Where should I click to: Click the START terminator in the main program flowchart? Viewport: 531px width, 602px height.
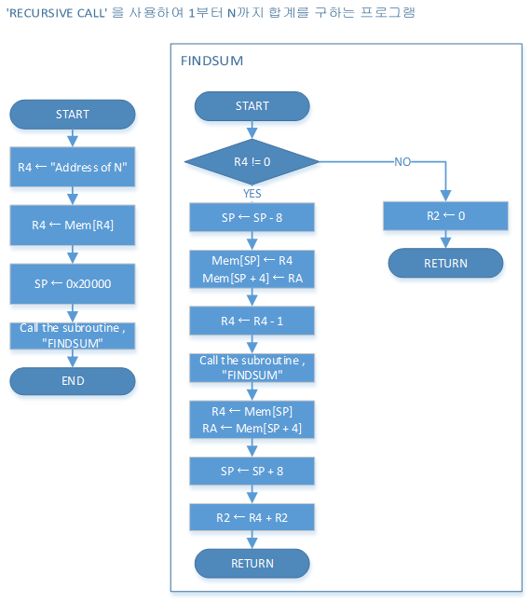pyautogui.click(x=73, y=115)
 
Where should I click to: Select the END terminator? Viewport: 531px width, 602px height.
pyautogui.click(x=73, y=381)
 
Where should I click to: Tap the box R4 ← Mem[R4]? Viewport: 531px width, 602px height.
pyautogui.click(x=73, y=226)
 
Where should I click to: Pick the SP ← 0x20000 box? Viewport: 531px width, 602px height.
pyautogui.click(x=73, y=283)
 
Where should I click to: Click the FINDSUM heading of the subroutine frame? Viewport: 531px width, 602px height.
pyautogui.click(x=212, y=62)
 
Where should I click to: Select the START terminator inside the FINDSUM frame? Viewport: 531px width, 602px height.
pyautogui.click(x=252, y=106)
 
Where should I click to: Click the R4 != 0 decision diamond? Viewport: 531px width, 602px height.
pyautogui.click(x=252, y=161)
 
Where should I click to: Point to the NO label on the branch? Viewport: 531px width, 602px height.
pyautogui.click(x=402, y=162)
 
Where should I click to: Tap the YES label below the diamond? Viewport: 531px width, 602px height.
pyautogui.click(x=252, y=193)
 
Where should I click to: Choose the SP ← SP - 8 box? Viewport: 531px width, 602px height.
pyautogui.click(x=252, y=217)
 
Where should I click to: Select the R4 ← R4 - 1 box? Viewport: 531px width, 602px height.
pyautogui.click(x=252, y=321)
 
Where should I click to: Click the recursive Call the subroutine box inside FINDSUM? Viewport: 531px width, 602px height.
pyautogui.click(x=252, y=367)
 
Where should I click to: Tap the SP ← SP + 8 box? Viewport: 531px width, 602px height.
pyautogui.click(x=252, y=471)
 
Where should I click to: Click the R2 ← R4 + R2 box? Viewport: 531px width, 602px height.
pyautogui.click(x=252, y=517)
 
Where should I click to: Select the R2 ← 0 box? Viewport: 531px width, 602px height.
pyautogui.click(x=445, y=216)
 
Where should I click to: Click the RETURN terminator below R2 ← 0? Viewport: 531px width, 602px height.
pyautogui.click(x=445, y=264)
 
